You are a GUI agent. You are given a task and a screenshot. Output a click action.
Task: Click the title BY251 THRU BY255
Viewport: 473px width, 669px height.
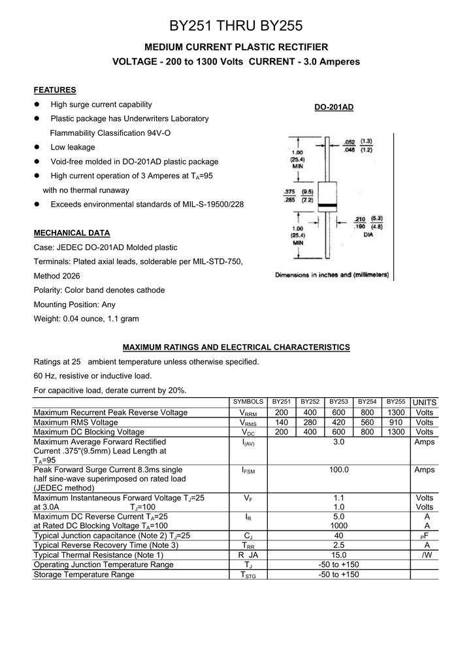click(236, 26)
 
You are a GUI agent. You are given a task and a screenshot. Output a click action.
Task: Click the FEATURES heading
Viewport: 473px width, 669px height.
click(55, 90)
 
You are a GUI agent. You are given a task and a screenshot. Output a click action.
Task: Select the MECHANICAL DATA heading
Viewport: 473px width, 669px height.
click(72, 233)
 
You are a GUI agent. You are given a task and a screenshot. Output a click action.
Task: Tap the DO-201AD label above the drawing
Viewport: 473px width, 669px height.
click(334, 106)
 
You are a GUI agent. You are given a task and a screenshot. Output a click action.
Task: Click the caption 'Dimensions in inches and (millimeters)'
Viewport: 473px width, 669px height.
click(332, 275)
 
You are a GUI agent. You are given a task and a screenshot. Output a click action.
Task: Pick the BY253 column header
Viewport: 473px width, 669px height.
click(338, 402)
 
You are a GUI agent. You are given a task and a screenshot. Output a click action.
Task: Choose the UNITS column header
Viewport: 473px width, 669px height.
click(424, 402)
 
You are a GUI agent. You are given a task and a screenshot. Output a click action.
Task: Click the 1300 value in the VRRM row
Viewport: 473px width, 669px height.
click(395, 413)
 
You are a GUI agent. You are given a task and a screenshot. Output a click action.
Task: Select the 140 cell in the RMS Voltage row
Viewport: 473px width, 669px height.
click(282, 423)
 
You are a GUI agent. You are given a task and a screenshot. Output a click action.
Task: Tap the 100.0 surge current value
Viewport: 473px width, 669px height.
click(338, 470)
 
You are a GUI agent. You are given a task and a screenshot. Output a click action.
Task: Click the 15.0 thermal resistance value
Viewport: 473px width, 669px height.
click(338, 555)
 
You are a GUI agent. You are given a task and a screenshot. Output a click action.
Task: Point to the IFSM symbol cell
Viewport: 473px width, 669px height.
click(248, 470)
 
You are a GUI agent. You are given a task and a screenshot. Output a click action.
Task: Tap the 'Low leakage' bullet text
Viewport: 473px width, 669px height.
click(73, 148)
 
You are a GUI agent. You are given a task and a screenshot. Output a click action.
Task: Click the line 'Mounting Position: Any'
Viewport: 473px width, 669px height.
click(74, 304)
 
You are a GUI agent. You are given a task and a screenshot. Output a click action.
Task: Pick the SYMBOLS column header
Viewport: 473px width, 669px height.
click(248, 402)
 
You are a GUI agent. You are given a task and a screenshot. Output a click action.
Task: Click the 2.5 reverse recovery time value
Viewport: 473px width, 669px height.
click(338, 546)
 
